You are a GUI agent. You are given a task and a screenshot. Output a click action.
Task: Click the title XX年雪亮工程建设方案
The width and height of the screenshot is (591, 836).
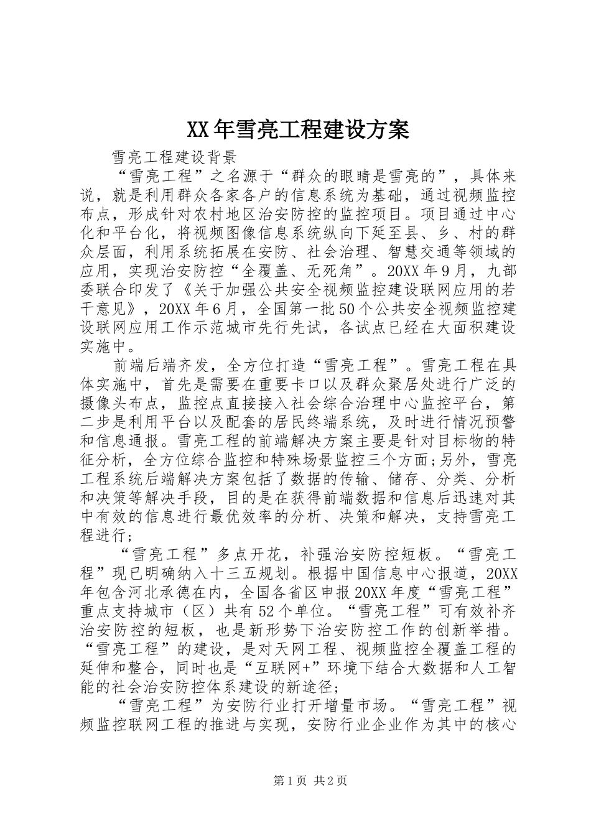297,129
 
